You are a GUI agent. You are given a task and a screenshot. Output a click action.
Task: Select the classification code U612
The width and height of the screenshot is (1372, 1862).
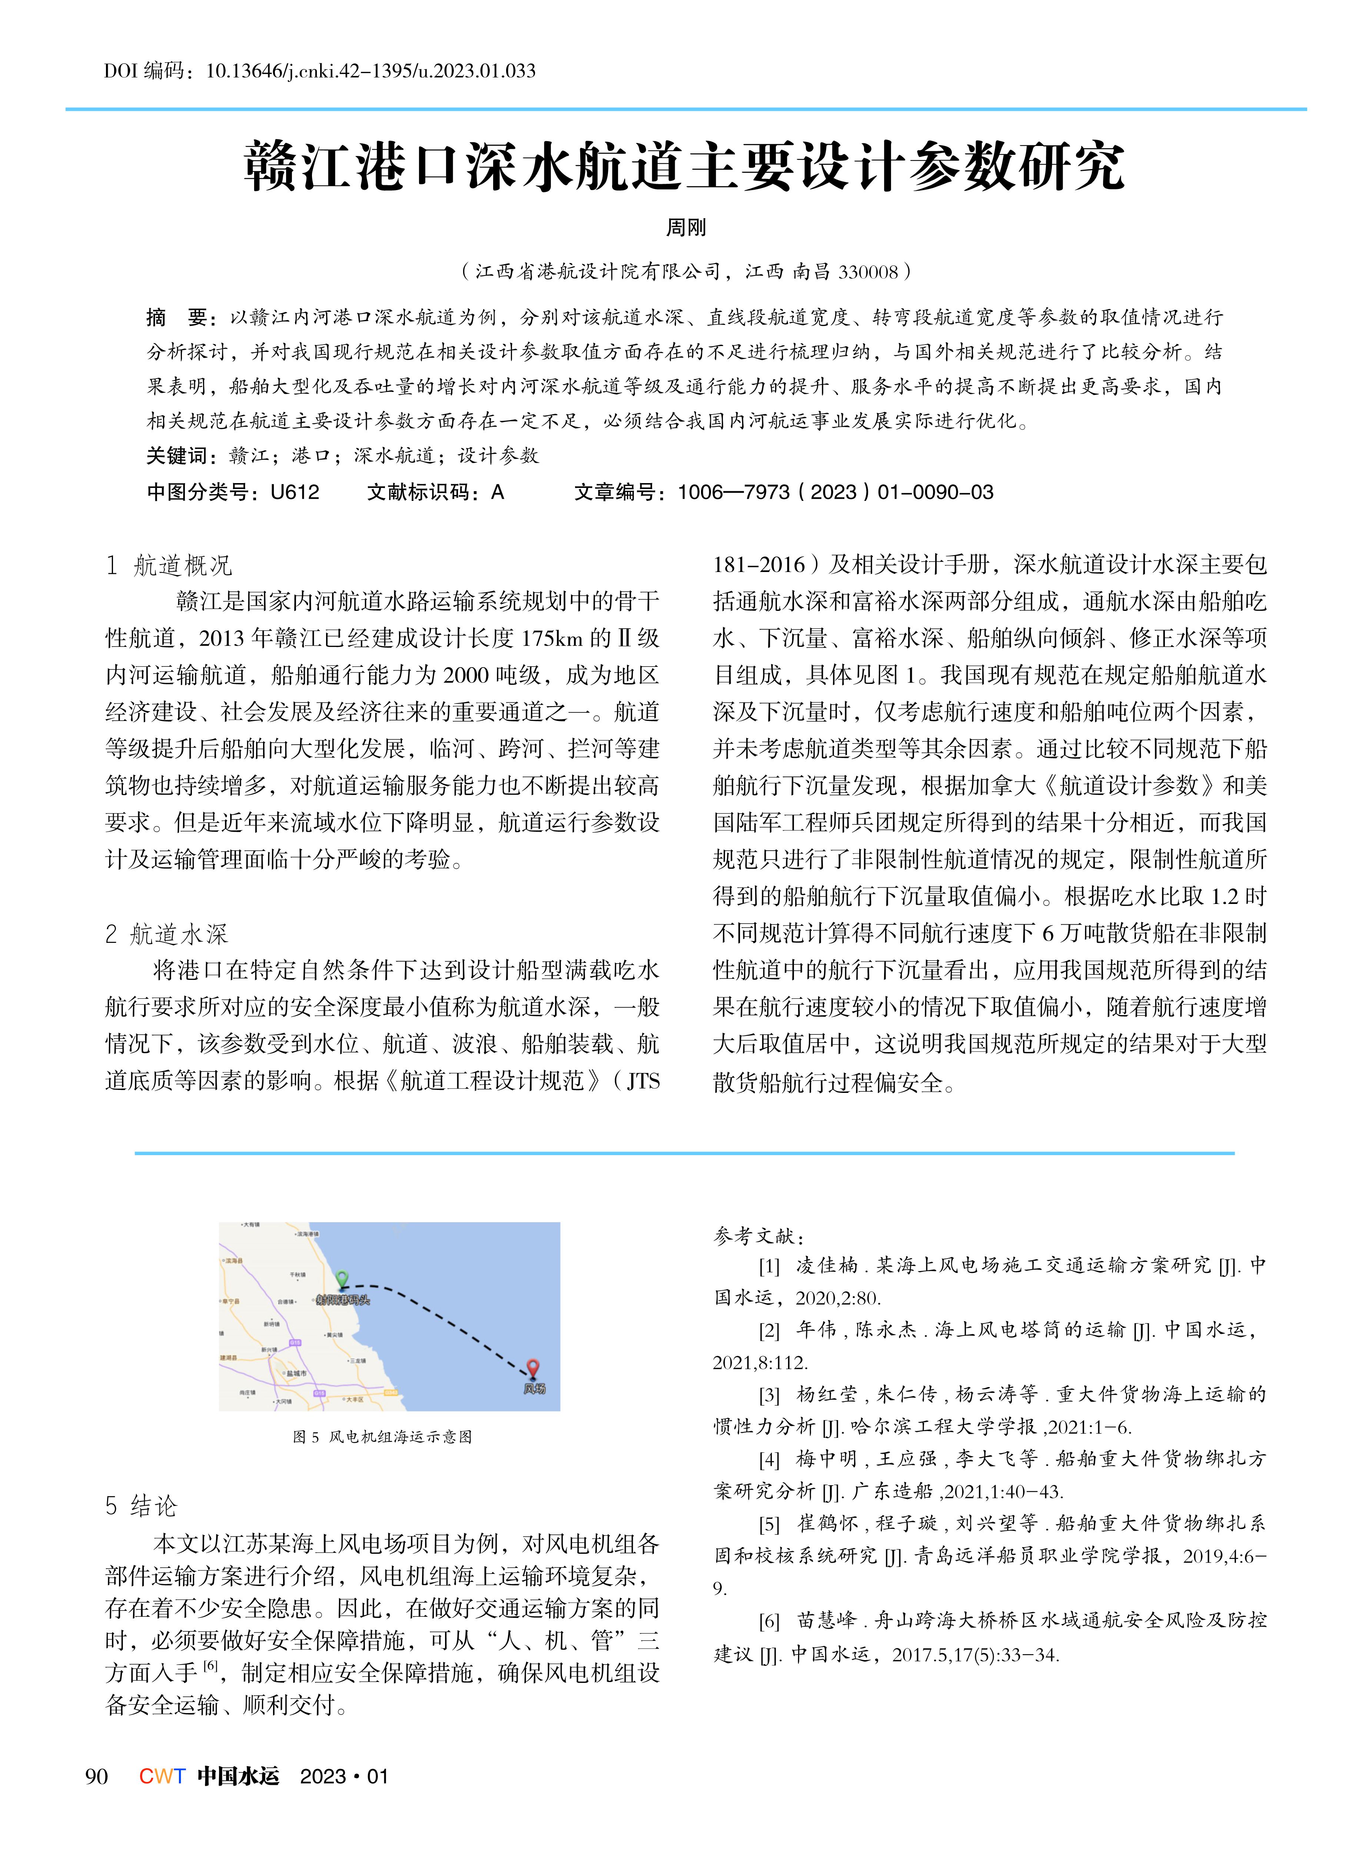(295, 492)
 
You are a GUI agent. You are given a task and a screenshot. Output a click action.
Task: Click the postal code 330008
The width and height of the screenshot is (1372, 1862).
(869, 272)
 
